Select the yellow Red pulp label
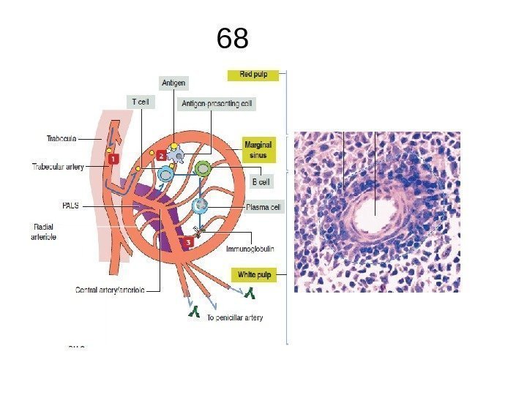pos(253,75)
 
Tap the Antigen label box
pos(173,83)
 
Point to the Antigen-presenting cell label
pos(217,104)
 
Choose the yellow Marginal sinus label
pos(258,149)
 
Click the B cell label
pos(261,181)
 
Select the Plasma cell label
pos(263,207)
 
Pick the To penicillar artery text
pos(234,317)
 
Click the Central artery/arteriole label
pos(116,290)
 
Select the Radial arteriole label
pos(43,232)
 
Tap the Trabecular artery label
pos(58,167)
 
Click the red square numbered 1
pos(113,158)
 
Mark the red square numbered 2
pos(162,157)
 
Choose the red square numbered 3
pos(190,239)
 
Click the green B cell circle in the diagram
pos(206,168)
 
